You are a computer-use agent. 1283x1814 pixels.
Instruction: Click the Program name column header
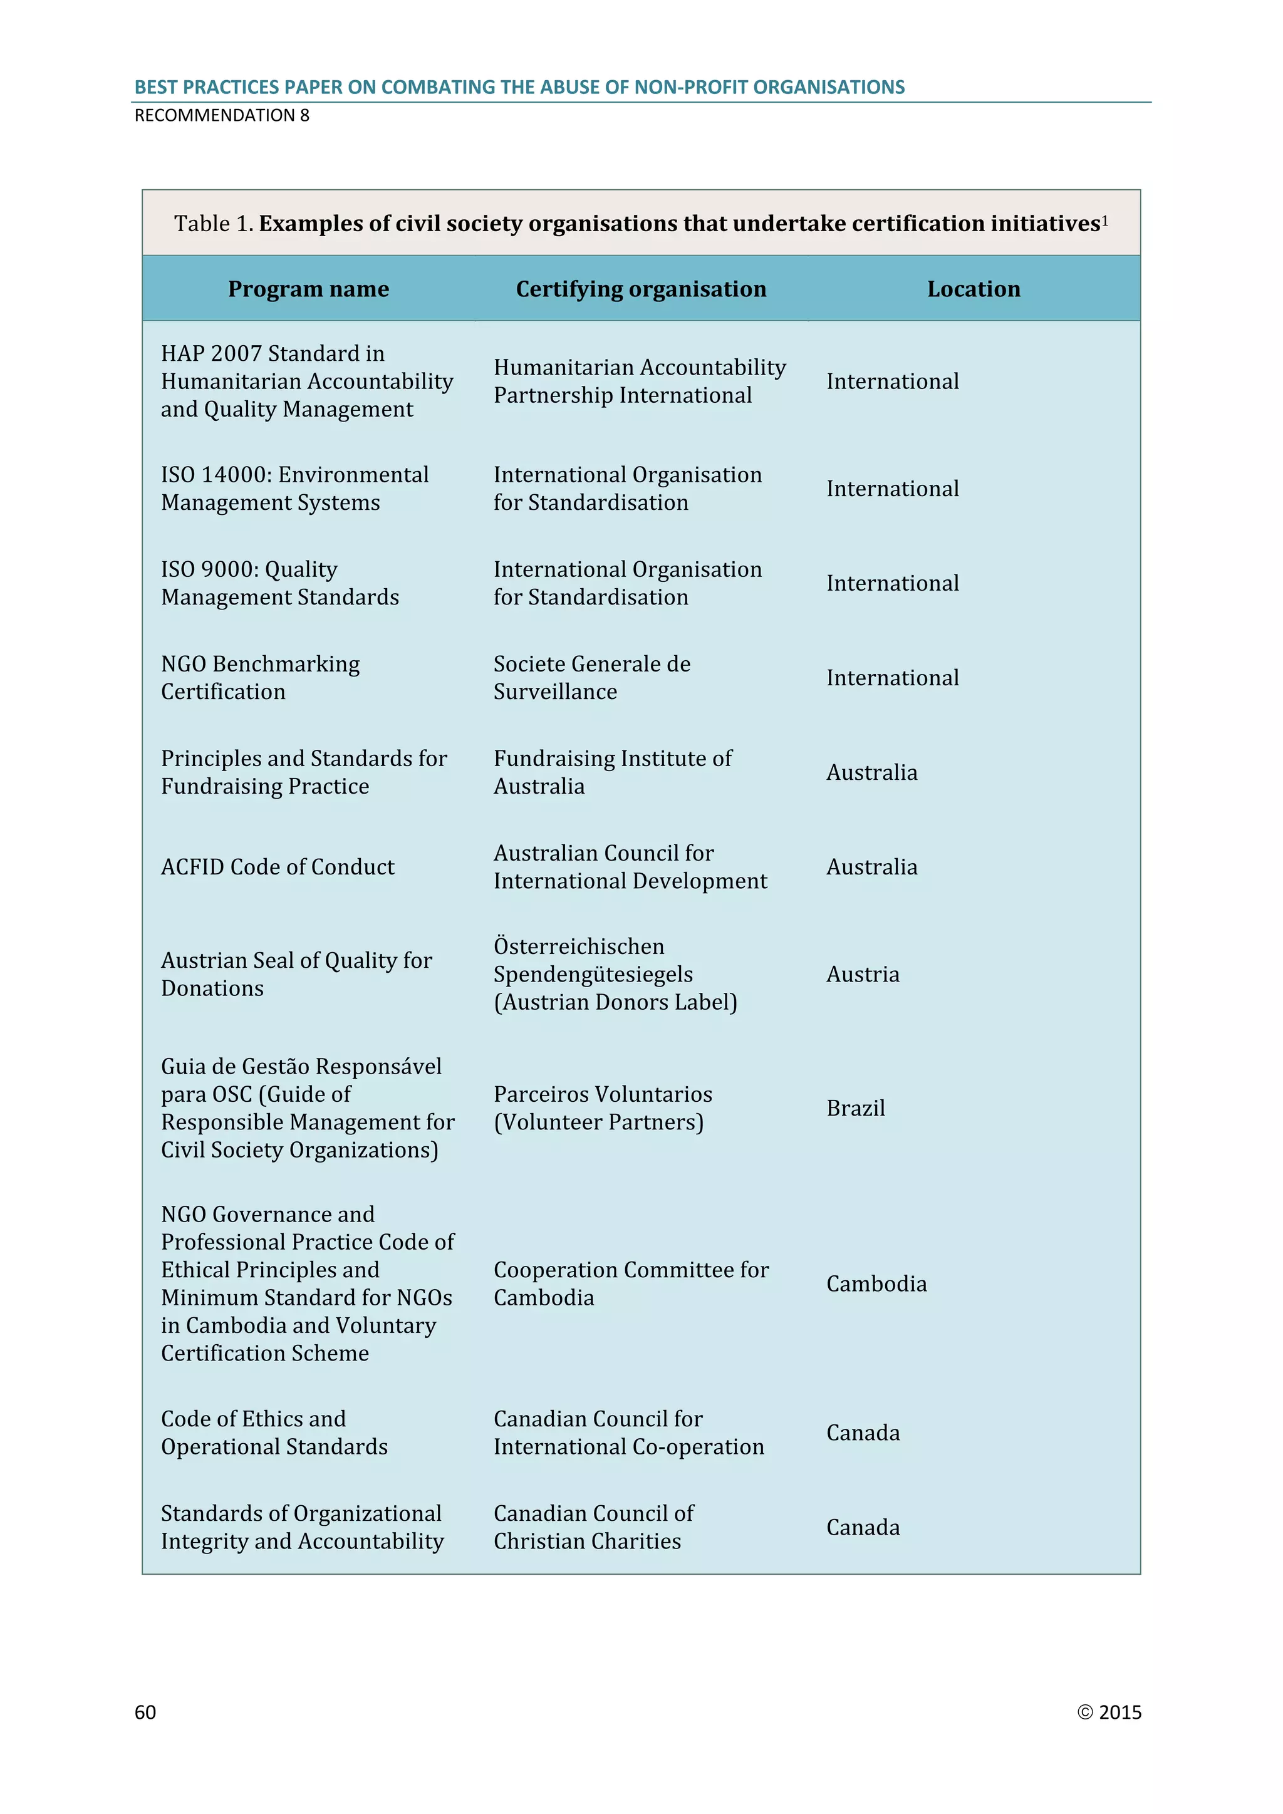point(308,289)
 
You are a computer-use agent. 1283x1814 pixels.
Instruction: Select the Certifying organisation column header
point(641,289)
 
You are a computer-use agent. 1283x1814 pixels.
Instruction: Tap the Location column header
point(974,289)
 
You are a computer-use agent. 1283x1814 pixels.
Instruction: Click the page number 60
point(145,1712)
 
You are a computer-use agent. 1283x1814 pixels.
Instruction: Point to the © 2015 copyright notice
point(1109,1712)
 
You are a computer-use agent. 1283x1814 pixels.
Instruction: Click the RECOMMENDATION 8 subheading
point(222,115)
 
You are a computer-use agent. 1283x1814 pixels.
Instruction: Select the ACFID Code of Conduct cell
point(278,868)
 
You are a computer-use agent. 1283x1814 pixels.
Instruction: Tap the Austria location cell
point(863,975)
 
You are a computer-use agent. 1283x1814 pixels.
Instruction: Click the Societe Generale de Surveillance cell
point(592,678)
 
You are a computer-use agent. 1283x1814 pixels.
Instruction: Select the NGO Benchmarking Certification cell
point(260,678)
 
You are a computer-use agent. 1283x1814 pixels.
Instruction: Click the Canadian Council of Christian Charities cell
point(593,1527)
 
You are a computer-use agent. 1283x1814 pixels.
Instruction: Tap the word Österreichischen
point(579,946)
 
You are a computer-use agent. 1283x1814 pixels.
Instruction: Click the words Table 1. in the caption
point(213,224)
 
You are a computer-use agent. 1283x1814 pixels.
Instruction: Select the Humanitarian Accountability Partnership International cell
point(639,381)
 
